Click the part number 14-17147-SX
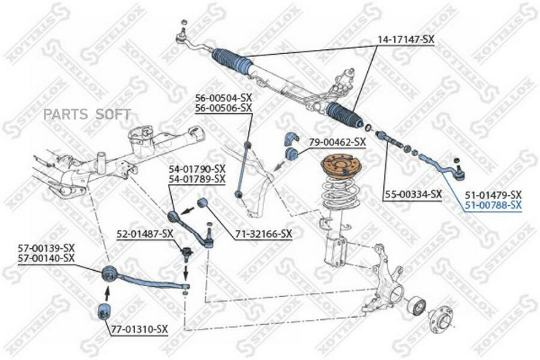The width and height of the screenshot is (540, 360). point(406,40)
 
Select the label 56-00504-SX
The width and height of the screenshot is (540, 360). point(224,97)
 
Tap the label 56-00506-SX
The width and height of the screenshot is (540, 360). point(224,107)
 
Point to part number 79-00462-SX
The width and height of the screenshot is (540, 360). point(337,142)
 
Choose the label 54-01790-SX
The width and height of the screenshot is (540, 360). point(197,169)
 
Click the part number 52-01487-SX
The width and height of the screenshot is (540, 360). point(145,234)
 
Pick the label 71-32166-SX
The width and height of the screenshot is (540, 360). point(264,234)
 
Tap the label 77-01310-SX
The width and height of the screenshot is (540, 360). point(139,329)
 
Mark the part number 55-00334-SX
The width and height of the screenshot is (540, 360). point(413,194)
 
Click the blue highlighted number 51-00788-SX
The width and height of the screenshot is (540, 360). point(493,206)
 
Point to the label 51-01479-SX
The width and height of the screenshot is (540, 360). point(493,194)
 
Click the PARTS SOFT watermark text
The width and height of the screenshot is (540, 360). point(87,114)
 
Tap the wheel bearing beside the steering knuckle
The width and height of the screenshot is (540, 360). point(417,305)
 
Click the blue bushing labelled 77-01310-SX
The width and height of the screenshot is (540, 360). point(104,311)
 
